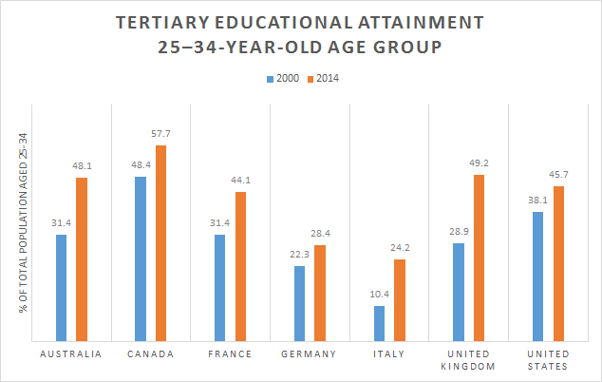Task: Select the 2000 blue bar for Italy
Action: click(380, 323)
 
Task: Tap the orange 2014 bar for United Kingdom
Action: click(479, 258)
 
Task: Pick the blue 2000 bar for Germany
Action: click(300, 303)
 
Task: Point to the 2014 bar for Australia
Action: click(82, 258)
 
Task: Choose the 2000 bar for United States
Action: click(538, 276)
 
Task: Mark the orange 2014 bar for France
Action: click(240, 266)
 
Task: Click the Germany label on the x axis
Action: click(309, 354)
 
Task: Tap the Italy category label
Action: click(389, 354)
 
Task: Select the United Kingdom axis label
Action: click(468, 360)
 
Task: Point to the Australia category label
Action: click(71, 354)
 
